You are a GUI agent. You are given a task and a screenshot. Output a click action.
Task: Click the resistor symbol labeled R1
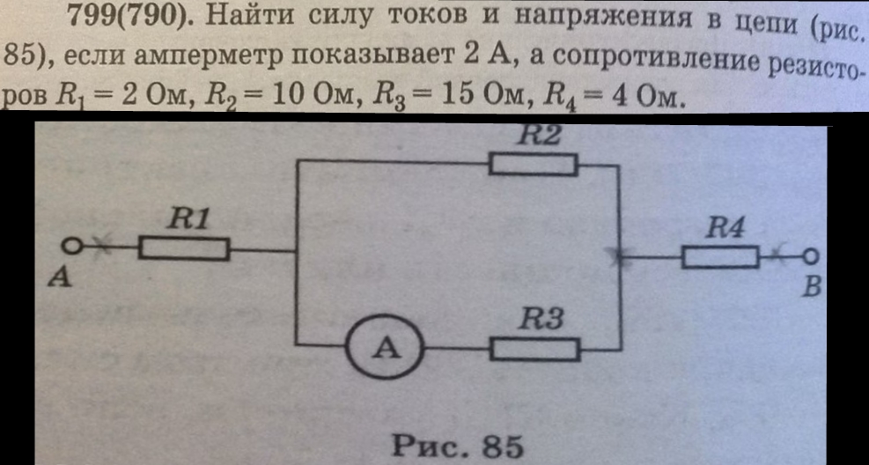[x=184, y=250]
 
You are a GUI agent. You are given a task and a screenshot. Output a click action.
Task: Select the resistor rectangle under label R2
[x=534, y=165]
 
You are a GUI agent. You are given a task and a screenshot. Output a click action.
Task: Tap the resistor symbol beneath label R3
[x=535, y=350]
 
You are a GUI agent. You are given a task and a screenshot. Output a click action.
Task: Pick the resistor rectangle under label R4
[x=720, y=257]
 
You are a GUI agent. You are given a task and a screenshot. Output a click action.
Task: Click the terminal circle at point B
[x=811, y=256]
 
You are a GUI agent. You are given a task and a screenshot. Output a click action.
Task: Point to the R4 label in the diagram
[x=728, y=228]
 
